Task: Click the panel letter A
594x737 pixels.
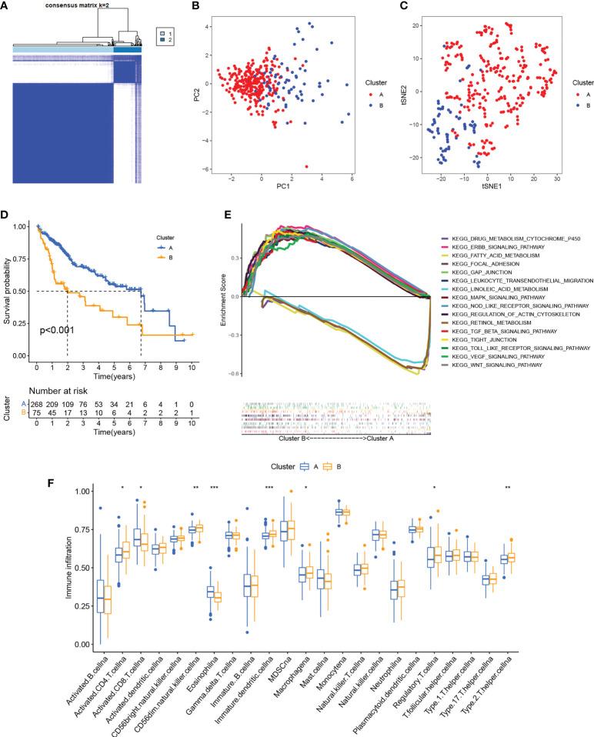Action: pos(7,7)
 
